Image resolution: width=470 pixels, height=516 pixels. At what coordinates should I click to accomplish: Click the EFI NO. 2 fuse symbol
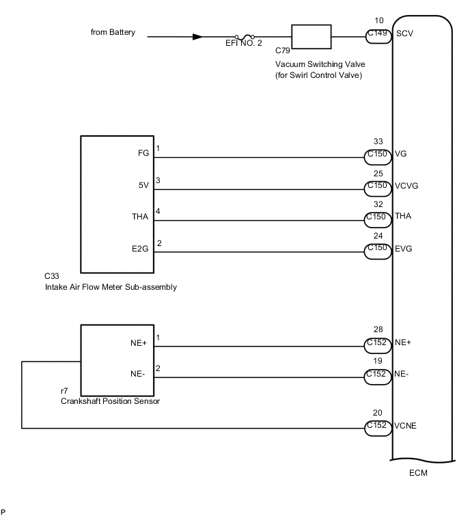[245, 37]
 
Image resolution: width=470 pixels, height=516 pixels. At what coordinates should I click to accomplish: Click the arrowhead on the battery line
[197, 37]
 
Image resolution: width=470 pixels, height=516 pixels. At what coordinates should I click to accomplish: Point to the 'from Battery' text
[113, 32]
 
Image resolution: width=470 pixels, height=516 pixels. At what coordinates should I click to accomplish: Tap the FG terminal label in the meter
[143, 153]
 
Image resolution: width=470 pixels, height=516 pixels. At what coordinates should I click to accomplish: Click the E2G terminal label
[141, 248]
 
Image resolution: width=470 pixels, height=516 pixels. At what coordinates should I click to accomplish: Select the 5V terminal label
[143, 185]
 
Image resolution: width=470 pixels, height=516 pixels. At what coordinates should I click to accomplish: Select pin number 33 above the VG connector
[378, 141]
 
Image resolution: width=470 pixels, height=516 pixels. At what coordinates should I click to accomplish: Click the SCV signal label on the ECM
[404, 33]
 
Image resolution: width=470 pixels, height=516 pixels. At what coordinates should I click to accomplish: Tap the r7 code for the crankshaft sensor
[65, 391]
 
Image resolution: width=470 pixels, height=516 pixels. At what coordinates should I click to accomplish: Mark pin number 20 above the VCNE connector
[378, 412]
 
